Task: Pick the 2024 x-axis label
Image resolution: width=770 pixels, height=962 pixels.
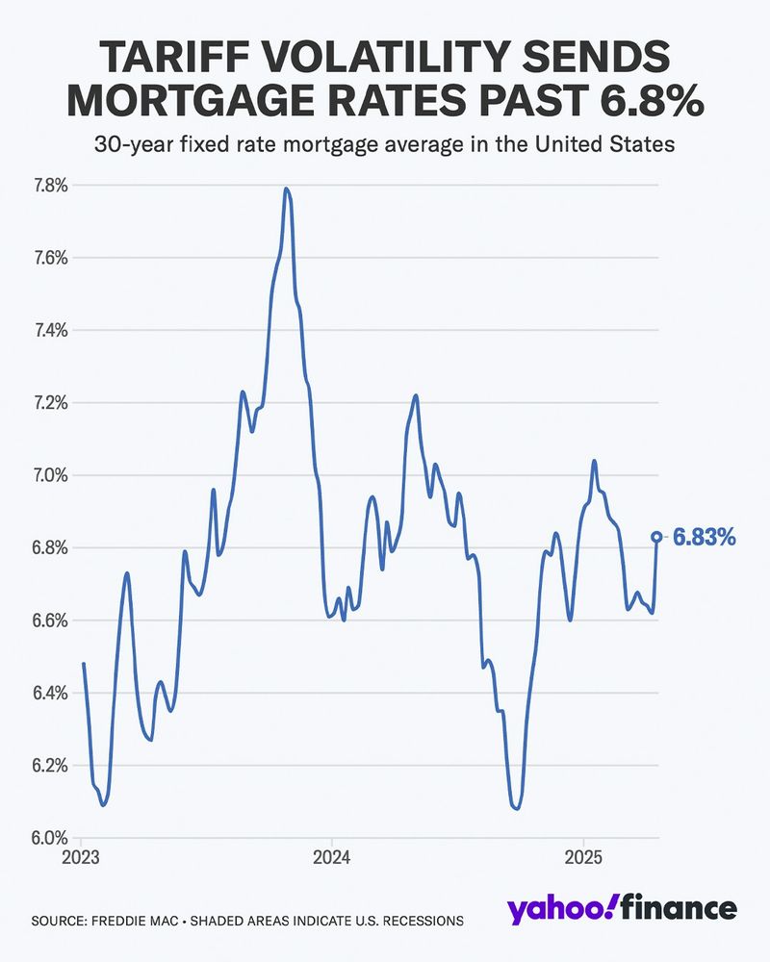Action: tap(330, 856)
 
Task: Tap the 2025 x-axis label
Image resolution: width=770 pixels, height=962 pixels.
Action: tap(582, 856)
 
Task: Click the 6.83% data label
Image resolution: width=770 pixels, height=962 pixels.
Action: tap(704, 537)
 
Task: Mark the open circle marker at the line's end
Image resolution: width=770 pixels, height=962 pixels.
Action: tap(656, 537)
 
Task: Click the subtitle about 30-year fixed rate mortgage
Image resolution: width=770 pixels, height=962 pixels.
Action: tap(384, 146)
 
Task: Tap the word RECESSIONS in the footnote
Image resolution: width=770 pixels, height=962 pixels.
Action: tap(419, 921)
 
